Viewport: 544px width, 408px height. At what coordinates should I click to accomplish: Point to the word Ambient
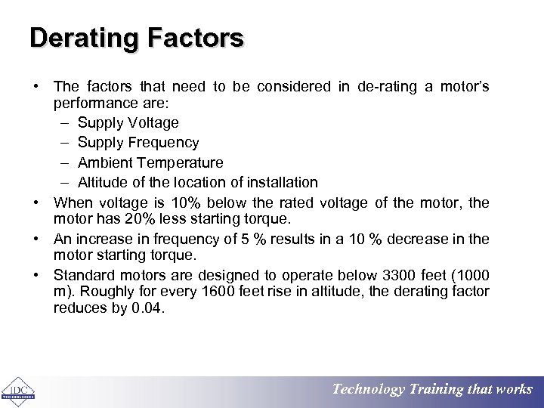coord(104,162)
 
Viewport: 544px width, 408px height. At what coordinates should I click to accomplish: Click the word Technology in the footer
coord(369,390)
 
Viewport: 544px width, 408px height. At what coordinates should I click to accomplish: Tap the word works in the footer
coord(515,390)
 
